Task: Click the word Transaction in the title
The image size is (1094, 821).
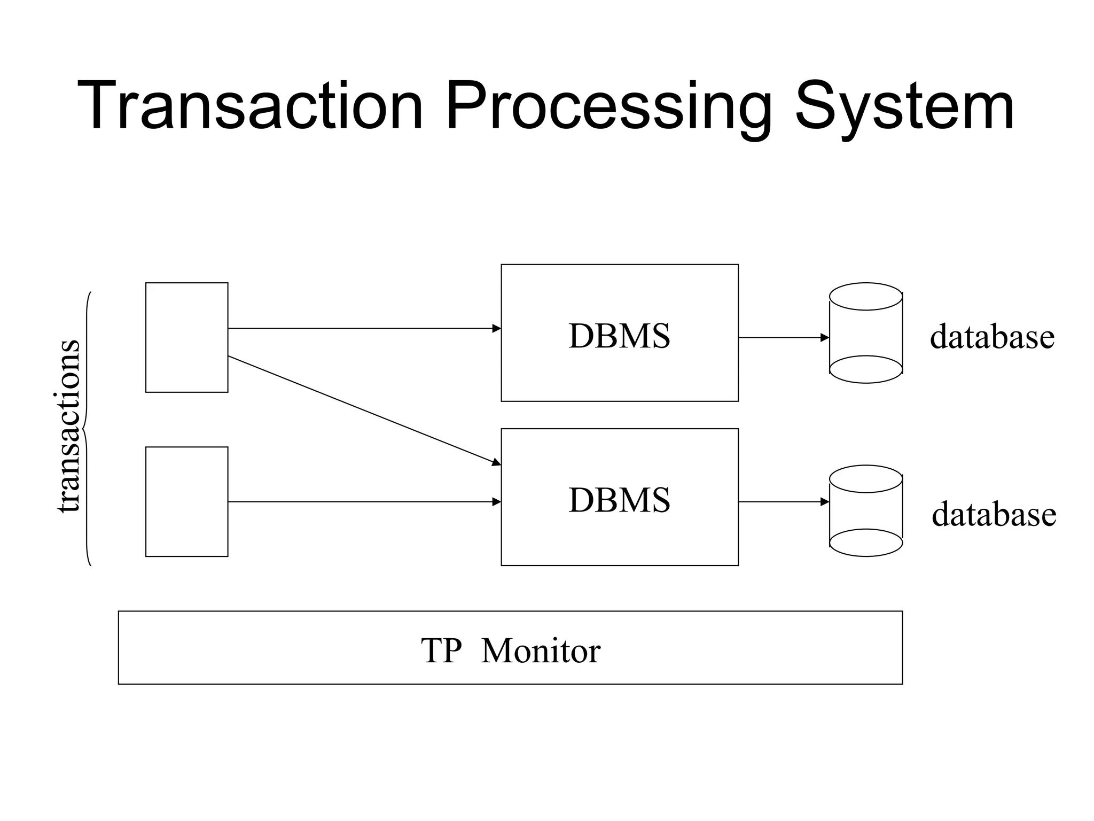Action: click(x=250, y=105)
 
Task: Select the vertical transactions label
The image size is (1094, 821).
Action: click(x=68, y=426)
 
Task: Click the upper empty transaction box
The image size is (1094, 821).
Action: click(x=186, y=337)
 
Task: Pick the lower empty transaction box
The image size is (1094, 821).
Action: click(x=186, y=501)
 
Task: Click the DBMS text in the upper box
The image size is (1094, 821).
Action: click(x=619, y=336)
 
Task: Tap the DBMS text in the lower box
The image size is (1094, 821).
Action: click(x=619, y=500)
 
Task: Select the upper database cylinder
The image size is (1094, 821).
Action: click(x=865, y=333)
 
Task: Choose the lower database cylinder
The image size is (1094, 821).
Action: click(x=865, y=511)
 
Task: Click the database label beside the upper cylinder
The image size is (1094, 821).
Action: click(x=992, y=337)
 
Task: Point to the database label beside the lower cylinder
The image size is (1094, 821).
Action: click(x=994, y=514)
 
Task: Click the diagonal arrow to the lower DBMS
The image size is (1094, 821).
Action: click(x=363, y=410)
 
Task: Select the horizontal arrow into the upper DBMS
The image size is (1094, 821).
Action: click(x=363, y=328)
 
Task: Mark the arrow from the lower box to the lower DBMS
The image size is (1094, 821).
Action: click(x=363, y=502)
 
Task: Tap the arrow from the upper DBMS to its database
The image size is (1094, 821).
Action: click(x=783, y=338)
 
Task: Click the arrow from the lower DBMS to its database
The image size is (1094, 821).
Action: click(x=783, y=502)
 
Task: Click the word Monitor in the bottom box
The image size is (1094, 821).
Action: click(x=541, y=651)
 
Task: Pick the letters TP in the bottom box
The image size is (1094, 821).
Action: click(x=441, y=651)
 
